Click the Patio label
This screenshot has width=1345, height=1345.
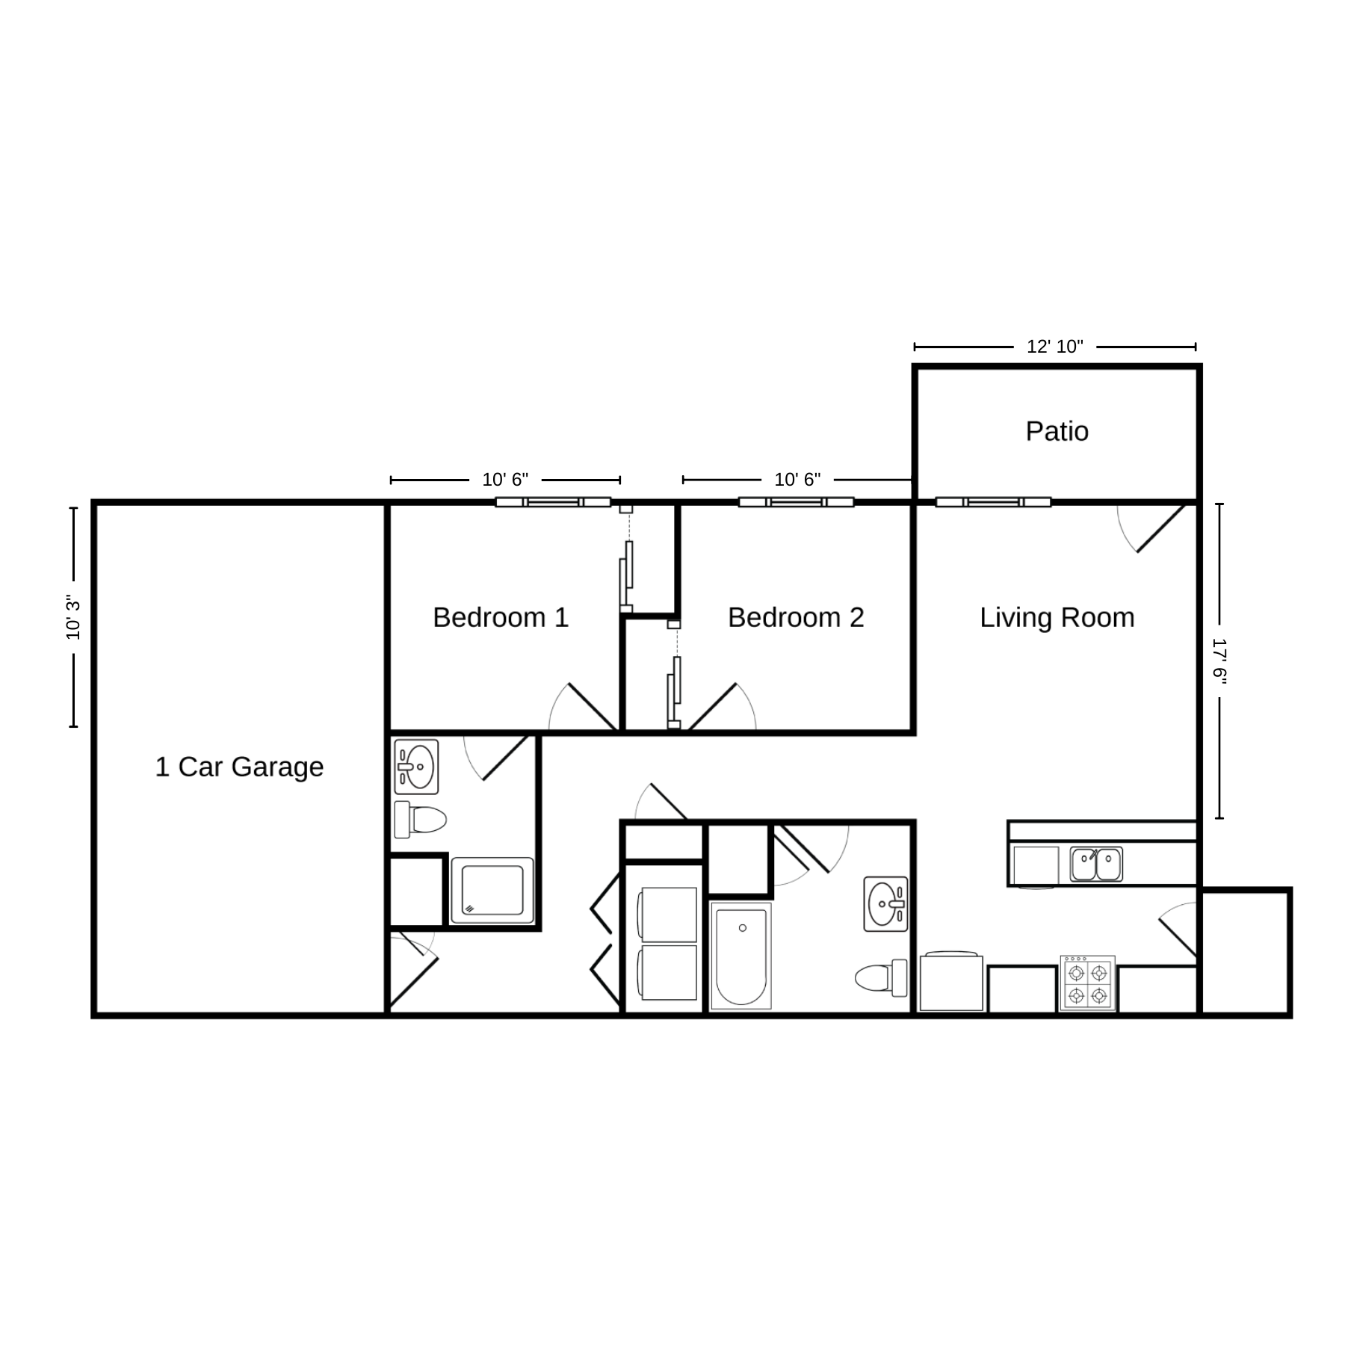pyautogui.click(x=1057, y=431)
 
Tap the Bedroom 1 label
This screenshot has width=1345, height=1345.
pyautogui.click(x=501, y=617)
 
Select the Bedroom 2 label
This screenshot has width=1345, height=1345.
pyautogui.click(x=796, y=617)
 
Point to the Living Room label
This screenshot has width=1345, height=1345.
pyautogui.click(x=1057, y=617)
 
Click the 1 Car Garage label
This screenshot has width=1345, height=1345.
pyautogui.click(x=239, y=767)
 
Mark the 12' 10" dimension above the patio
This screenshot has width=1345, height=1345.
pyautogui.click(x=1055, y=347)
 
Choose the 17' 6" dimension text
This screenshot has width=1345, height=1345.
pyautogui.click(x=1220, y=661)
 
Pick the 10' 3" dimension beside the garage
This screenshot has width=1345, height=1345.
pyautogui.click(x=73, y=617)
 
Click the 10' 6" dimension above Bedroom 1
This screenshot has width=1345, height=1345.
pyautogui.click(x=505, y=480)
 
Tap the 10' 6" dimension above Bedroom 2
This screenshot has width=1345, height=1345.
pyautogui.click(x=797, y=480)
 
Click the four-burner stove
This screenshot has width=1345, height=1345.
pyautogui.click(x=1087, y=983)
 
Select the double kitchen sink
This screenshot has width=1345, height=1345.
pyautogui.click(x=1096, y=864)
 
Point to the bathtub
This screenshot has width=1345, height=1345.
pyautogui.click(x=740, y=956)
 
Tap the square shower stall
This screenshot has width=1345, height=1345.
pyautogui.click(x=492, y=891)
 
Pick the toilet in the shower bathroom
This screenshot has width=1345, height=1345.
pyautogui.click(x=420, y=820)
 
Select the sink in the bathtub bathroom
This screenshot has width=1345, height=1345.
pyautogui.click(x=885, y=904)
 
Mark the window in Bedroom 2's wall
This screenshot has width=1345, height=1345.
pyautogui.click(x=797, y=502)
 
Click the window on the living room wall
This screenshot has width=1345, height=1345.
pyautogui.click(x=994, y=502)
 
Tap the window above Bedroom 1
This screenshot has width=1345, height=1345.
pyautogui.click(x=553, y=502)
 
